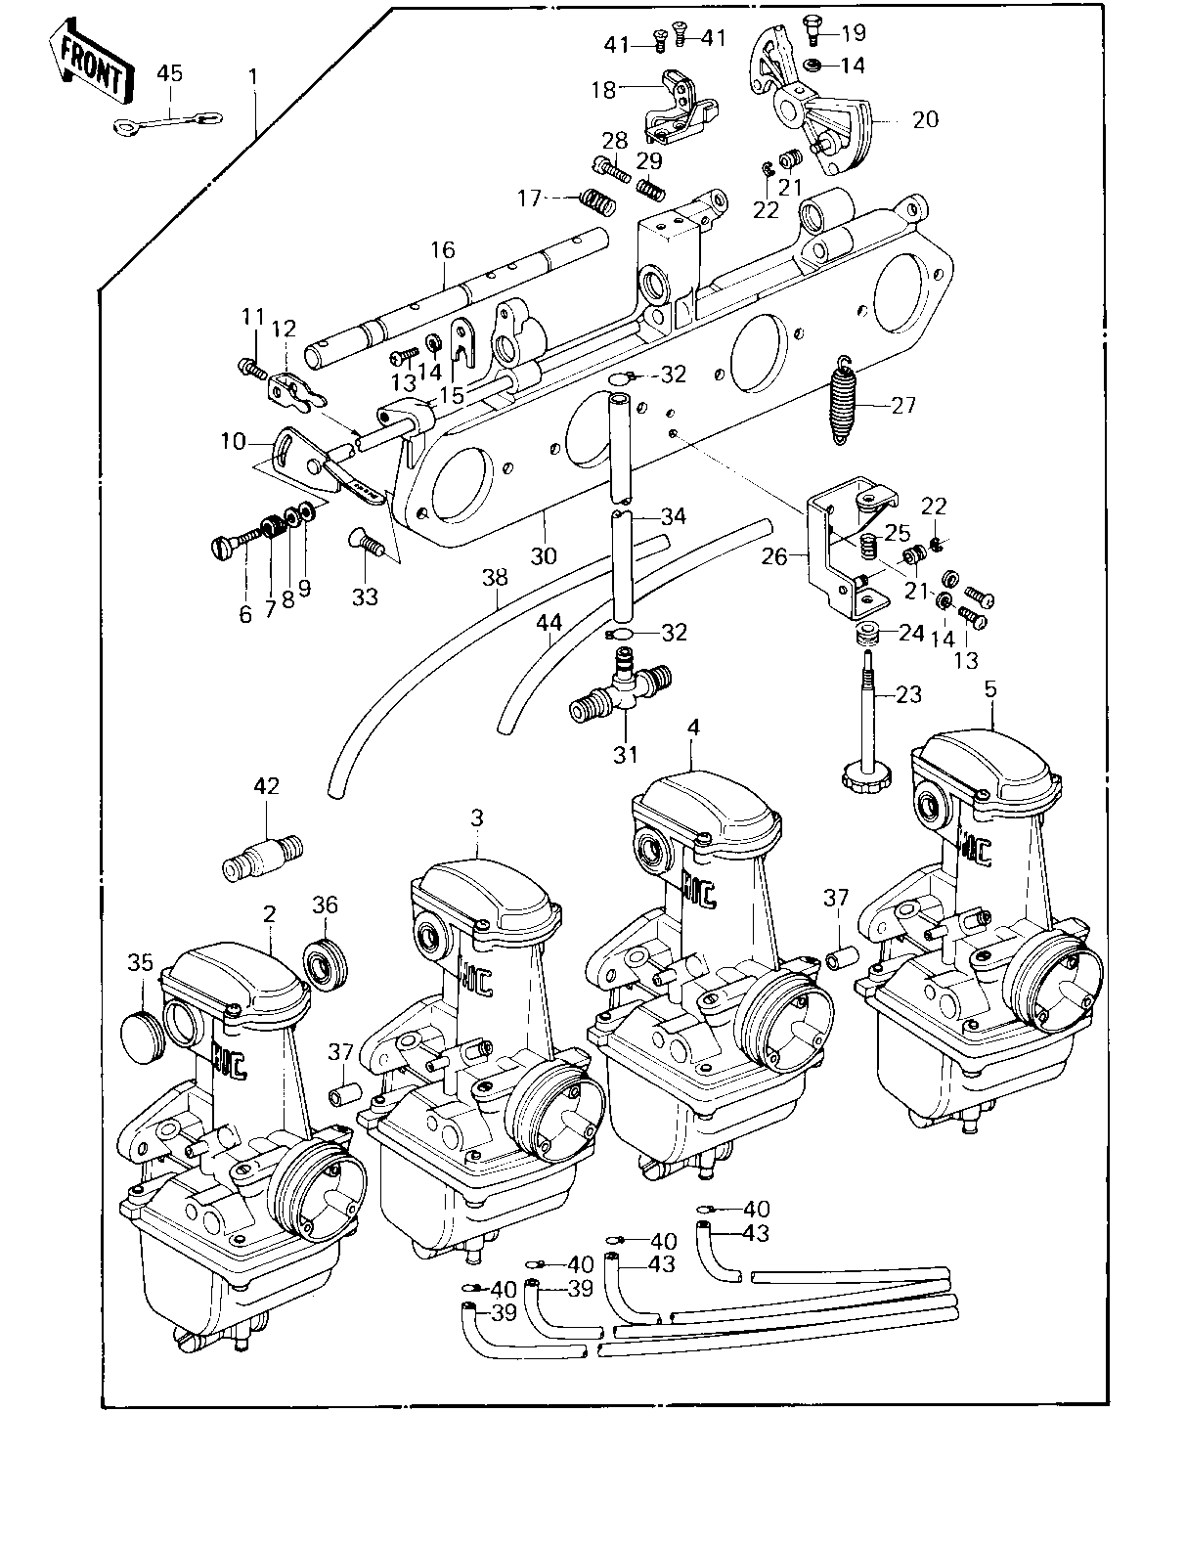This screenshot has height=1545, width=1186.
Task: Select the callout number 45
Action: pyautogui.click(x=169, y=73)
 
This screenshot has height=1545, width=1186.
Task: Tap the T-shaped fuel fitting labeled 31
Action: pyautogui.click(x=620, y=688)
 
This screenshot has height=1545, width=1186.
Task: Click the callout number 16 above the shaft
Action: pyautogui.click(x=443, y=250)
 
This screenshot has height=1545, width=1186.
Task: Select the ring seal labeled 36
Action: pyautogui.click(x=327, y=964)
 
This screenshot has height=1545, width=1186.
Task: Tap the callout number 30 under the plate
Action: pyautogui.click(x=544, y=555)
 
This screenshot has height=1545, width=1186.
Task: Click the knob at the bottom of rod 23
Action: pyautogui.click(x=861, y=773)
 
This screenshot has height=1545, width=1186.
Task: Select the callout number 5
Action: pyautogui.click(x=990, y=689)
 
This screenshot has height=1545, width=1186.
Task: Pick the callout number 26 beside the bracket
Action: pyautogui.click(x=774, y=556)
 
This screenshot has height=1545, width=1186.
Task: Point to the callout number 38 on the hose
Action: pyautogui.click(x=496, y=577)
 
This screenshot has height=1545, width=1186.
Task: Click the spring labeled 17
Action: pyautogui.click(x=597, y=201)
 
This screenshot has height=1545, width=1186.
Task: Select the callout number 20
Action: pyautogui.click(x=925, y=119)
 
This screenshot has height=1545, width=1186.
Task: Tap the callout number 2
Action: pyautogui.click(x=269, y=914)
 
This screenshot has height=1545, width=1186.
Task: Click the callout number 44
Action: pyautogui.click(x=549, y=624)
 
